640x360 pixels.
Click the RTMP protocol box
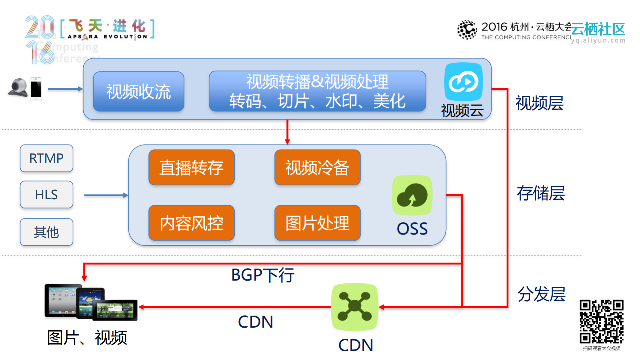(x=46, y=158)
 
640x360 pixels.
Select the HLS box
(x=46, y=195)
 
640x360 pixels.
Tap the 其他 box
(x=46, y=232)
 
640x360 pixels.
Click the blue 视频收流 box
(x=138, y=91)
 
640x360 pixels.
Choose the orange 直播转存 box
(x=191, y=167)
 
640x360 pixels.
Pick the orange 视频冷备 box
(x=317, y=167)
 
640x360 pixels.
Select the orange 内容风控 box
(x=191, y=223)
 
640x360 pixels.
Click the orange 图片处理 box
(x=317, y=223)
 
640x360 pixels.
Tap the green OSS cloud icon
(x=412, y=196)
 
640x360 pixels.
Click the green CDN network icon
(x=355, y=306)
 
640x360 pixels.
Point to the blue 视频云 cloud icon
(x=464, y=82)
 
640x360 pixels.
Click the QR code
(x=601, y=322)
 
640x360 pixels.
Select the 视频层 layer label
(x=539, y=103)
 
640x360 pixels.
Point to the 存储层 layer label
(x=540, y=193)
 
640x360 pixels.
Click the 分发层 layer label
(x=541, y=294)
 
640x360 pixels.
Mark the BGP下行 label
(x=262, y=275)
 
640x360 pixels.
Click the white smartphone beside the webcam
(x=36, y=89)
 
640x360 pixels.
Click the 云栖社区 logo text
(x=598, y=29)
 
